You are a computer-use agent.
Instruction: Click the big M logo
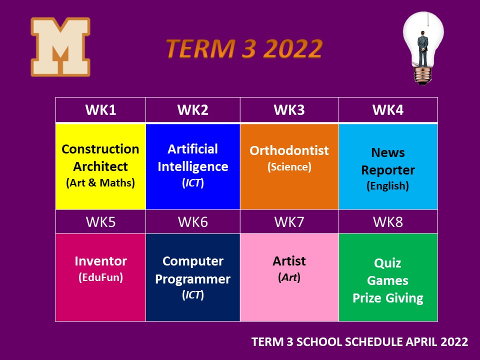(x=60, y=46)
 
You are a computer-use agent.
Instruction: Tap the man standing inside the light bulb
(x=423, y=48)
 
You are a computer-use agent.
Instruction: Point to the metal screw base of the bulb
(x=423, y=75)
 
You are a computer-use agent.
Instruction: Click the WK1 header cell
(x=100, y=110)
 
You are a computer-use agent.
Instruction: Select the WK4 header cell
(x=388, y=110)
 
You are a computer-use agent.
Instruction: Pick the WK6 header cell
(x=193, y=222)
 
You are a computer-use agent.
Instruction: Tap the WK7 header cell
(x=289, y=222)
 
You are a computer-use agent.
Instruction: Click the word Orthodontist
(x=289, y=150)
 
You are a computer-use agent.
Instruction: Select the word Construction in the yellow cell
(x=100, y=149)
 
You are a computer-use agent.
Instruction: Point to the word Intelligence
(x=193, y=167)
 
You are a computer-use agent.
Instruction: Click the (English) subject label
(x=388, y=186)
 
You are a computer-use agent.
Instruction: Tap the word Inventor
(x=100, y=261)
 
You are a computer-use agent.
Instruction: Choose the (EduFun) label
(x=100, y=277)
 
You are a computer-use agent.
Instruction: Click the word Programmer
(x=193, y=279)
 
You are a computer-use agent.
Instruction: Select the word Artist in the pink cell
(x=289, y=261)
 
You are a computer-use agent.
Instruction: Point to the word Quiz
(x=387, y=263)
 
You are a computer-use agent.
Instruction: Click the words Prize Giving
(x=388, y=298)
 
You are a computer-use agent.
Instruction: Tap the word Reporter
(x=388, y=170)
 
